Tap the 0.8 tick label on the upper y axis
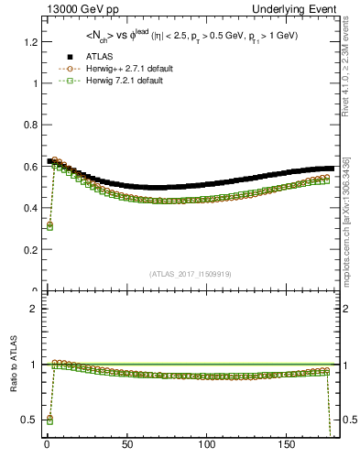pyautogui.click(x=27, y=125)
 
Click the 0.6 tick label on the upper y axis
pyautogui.click(x=27, y=167)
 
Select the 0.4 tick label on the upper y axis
pyautogui.click(x=27, y=208)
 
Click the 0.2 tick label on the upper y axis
pyautogui.click(x=27, y=249)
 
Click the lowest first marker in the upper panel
pyautogui.click(x=49, y=225)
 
